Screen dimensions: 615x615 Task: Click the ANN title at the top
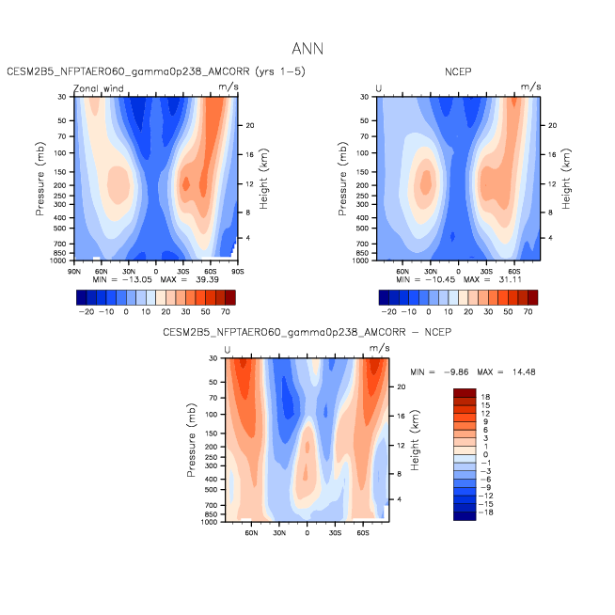pos(307,49)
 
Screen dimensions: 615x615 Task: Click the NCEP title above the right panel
pos(458,71)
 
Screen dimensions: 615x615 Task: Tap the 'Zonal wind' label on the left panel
pos(99,88)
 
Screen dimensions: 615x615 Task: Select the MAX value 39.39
pos(208,279)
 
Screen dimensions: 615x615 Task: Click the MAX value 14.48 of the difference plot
pos(524,371)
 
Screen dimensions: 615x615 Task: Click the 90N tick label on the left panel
pos(74,272)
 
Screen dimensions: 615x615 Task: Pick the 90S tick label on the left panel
pos(238,272)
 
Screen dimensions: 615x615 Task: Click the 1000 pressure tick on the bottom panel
pos(209,522)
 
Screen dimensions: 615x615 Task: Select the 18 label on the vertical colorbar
pos(485,397)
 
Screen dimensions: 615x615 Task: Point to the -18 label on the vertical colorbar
pos(485,512)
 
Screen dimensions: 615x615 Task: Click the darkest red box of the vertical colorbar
pos(465,393)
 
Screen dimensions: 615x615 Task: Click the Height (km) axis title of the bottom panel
pos(415,440)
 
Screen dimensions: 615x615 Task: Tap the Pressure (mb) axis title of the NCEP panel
pos(342,179)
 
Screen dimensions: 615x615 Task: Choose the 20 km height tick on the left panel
pos(250,125)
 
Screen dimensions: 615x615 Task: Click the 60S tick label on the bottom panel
pos(363,533)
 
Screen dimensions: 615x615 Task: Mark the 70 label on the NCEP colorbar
pos(528,312)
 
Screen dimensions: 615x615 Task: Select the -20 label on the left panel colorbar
pos(87,312)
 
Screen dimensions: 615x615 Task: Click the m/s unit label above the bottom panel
pos(379,348)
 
